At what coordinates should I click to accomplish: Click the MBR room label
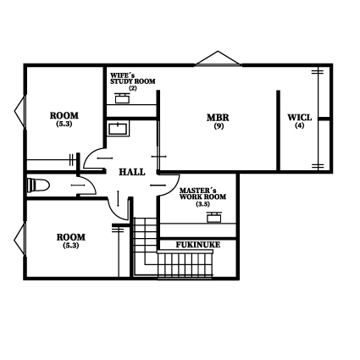pos(218,118)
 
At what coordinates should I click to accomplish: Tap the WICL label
pos(300,118)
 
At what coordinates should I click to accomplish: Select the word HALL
pos(132,172)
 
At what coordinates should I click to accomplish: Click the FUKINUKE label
pos(198,245)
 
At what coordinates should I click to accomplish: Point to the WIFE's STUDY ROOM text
pos(133,79)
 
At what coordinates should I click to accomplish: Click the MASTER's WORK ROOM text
pos(202,194)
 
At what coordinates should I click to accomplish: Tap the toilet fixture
pos(38,186)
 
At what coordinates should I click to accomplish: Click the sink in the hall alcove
pos(119,129)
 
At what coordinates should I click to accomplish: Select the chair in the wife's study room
pos(122,97)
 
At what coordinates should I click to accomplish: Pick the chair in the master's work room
pos(214,217)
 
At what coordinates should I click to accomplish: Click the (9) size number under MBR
pos(219,126)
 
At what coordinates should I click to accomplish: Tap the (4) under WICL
pos(300,125)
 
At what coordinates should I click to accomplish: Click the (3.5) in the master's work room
pos(202,204)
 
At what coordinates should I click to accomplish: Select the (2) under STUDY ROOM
pos(133,88)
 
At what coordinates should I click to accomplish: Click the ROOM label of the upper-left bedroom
pos(64,116)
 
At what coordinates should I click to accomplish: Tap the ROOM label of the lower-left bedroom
pos(71,237)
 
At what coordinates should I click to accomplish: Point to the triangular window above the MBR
pos(218,58)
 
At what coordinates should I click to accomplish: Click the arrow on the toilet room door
pos(78,186)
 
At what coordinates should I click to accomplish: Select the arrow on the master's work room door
pos(158,186)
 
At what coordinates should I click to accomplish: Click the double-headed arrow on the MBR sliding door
pos(159,157)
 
